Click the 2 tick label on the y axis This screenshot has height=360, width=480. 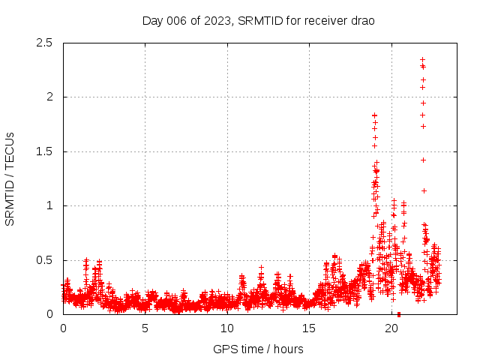49,97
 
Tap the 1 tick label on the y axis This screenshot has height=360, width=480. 49,205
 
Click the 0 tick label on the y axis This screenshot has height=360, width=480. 49,314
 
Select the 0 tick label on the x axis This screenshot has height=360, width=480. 63,328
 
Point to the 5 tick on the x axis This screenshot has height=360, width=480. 145,328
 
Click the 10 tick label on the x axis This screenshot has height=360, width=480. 227,328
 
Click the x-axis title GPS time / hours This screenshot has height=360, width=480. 258,349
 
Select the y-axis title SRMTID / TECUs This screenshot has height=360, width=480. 10,178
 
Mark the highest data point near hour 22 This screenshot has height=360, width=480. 422,59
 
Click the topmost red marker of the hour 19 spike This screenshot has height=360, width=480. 374,115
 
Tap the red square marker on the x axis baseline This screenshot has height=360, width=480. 399,314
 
